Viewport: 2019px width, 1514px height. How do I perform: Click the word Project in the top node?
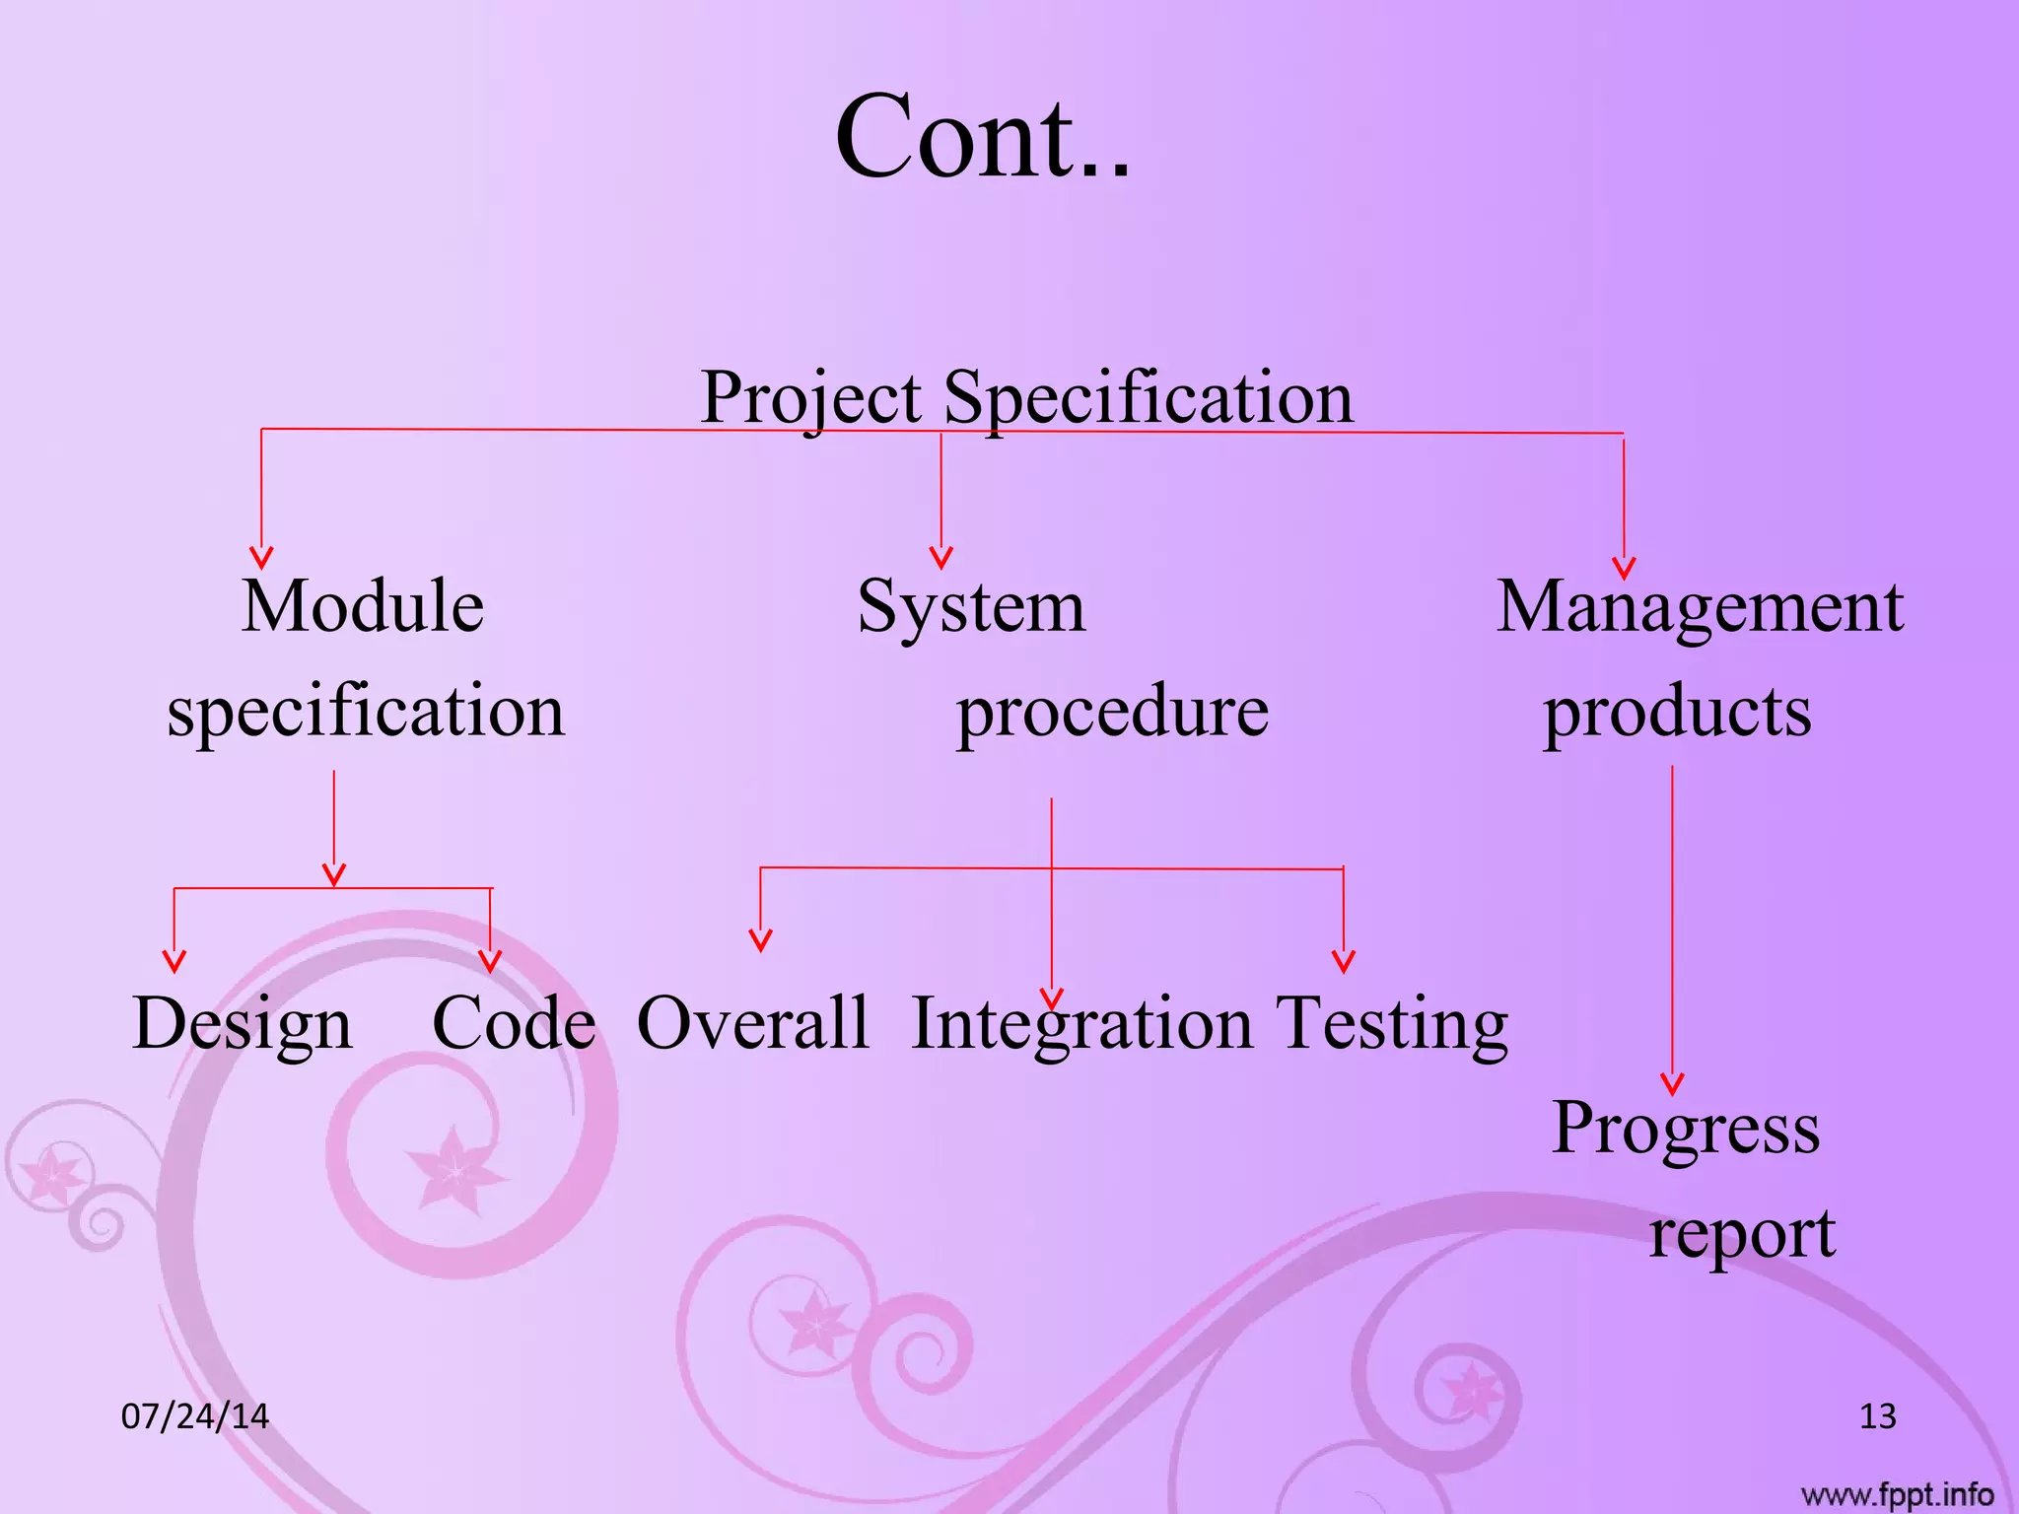pos(810,397)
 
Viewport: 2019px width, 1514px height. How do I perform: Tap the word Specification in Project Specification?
pos(1149,397)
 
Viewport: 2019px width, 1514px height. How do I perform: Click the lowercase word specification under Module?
pos(366,711)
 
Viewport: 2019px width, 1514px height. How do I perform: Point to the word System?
pos(971,607)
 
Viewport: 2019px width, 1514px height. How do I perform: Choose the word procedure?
pos(1112,711)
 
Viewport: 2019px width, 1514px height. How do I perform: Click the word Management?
pos(1700,607)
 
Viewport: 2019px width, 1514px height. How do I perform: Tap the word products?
pos(1677,711)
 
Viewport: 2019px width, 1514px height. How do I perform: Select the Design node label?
pos(243,1024)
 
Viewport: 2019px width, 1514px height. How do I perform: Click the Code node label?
pos(514,1022)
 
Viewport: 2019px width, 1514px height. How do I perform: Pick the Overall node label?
pos(753,1022)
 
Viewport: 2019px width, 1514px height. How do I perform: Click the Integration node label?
pos(1081,1024)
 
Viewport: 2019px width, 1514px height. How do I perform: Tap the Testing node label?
pos(1392,1024)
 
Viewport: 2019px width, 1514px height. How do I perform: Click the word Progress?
pos(1686,1129)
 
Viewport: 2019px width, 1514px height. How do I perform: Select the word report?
pos(1742,1234)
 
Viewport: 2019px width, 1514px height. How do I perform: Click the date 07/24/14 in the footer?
pos(194,1416)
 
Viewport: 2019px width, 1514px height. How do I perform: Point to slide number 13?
pos(1877,1416)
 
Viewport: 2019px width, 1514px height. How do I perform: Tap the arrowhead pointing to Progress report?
pos(1672,1084)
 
